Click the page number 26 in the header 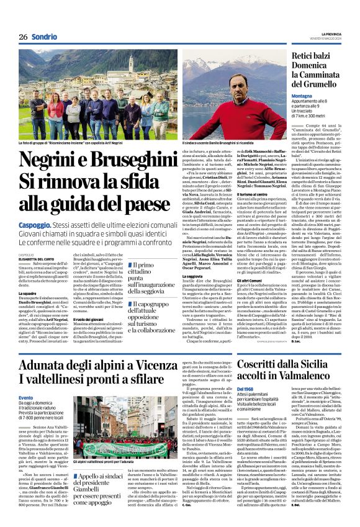[x=23, y=37]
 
